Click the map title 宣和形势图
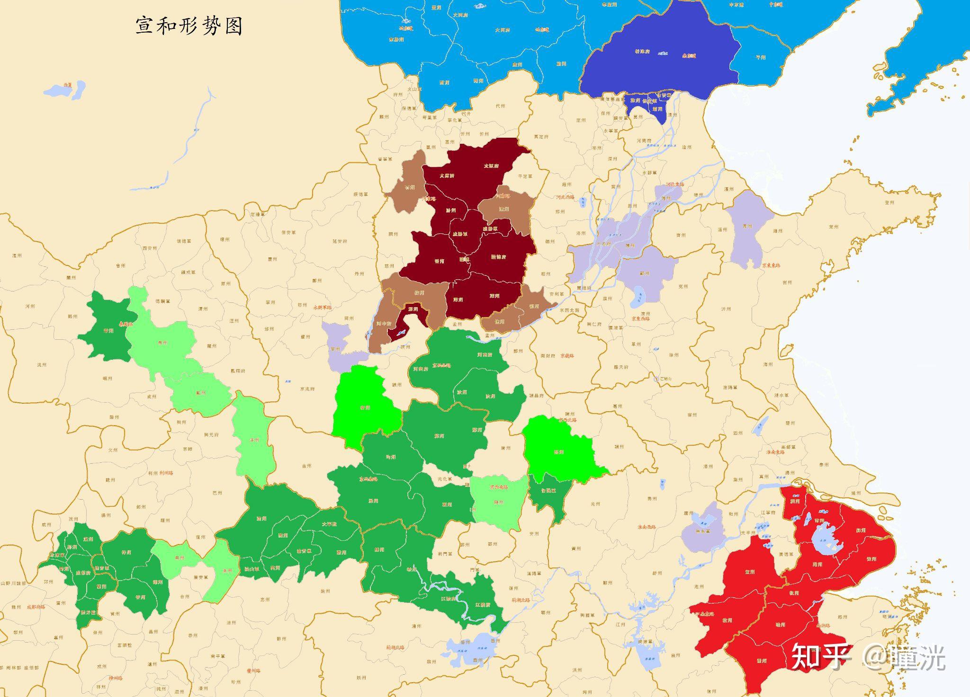pos(189,26)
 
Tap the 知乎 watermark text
pos(822,656)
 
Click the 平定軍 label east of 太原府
pos(525,176)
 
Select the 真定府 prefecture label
pos(541,137)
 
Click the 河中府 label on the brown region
pos(384,324)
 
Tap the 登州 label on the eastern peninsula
pos(889,203)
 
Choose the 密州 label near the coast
pos(787,282)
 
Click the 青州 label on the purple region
pos(747,226)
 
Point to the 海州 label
pos(768,364)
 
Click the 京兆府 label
pos(307,389)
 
